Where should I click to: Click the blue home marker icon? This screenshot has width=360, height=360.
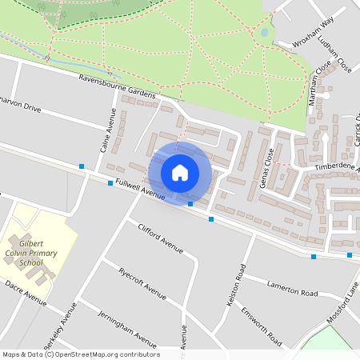pos(180,172)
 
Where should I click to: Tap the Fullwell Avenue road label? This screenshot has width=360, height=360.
pos(139,190)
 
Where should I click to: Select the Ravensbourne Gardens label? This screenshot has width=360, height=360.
pos(117,88)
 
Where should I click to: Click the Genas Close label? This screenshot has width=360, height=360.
pos(267,166)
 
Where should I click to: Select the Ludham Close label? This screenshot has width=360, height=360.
pos(337,53)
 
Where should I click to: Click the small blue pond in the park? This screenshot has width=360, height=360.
pos(265,33)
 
